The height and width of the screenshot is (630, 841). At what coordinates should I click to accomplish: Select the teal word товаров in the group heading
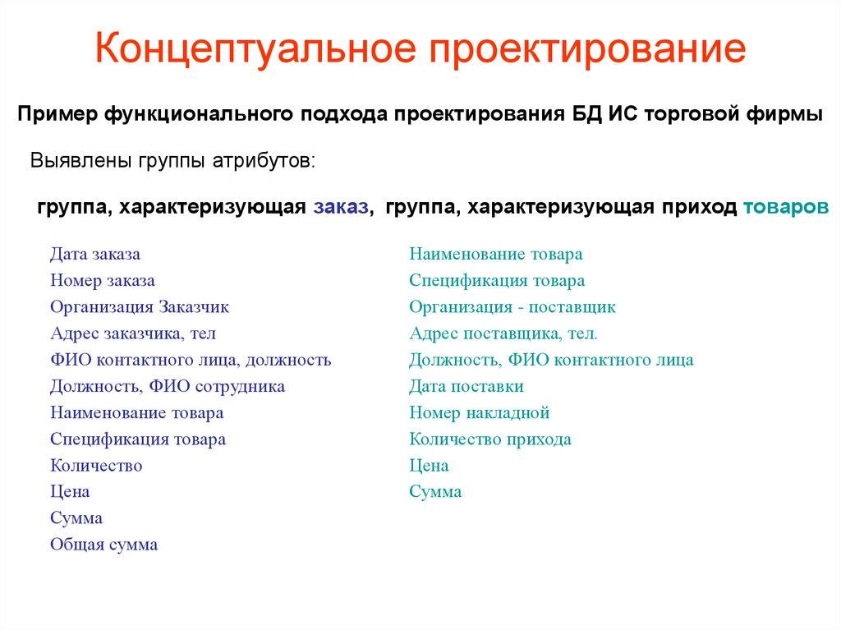[x=785, y=207]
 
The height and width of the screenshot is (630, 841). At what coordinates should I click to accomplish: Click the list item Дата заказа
[x=94, y=254]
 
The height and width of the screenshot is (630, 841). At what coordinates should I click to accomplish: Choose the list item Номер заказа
[x=102, y=281]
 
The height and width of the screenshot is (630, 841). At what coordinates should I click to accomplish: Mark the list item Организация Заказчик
[x=139, y=307]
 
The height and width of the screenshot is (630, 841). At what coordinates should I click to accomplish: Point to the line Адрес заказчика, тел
[x=132, y=333]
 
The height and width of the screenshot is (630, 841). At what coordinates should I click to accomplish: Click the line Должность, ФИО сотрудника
[x=167, y=386]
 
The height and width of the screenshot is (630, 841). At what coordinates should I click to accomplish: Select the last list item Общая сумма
[x=103, y=544]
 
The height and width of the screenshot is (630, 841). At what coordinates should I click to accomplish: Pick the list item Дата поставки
[x=466, y=386]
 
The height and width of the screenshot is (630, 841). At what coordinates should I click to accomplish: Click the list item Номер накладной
[x=479, y=412]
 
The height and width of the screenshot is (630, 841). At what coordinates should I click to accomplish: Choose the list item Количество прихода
[x=490, y=439]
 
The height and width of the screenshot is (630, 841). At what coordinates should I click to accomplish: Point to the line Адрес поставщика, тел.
[x=503, y=333]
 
